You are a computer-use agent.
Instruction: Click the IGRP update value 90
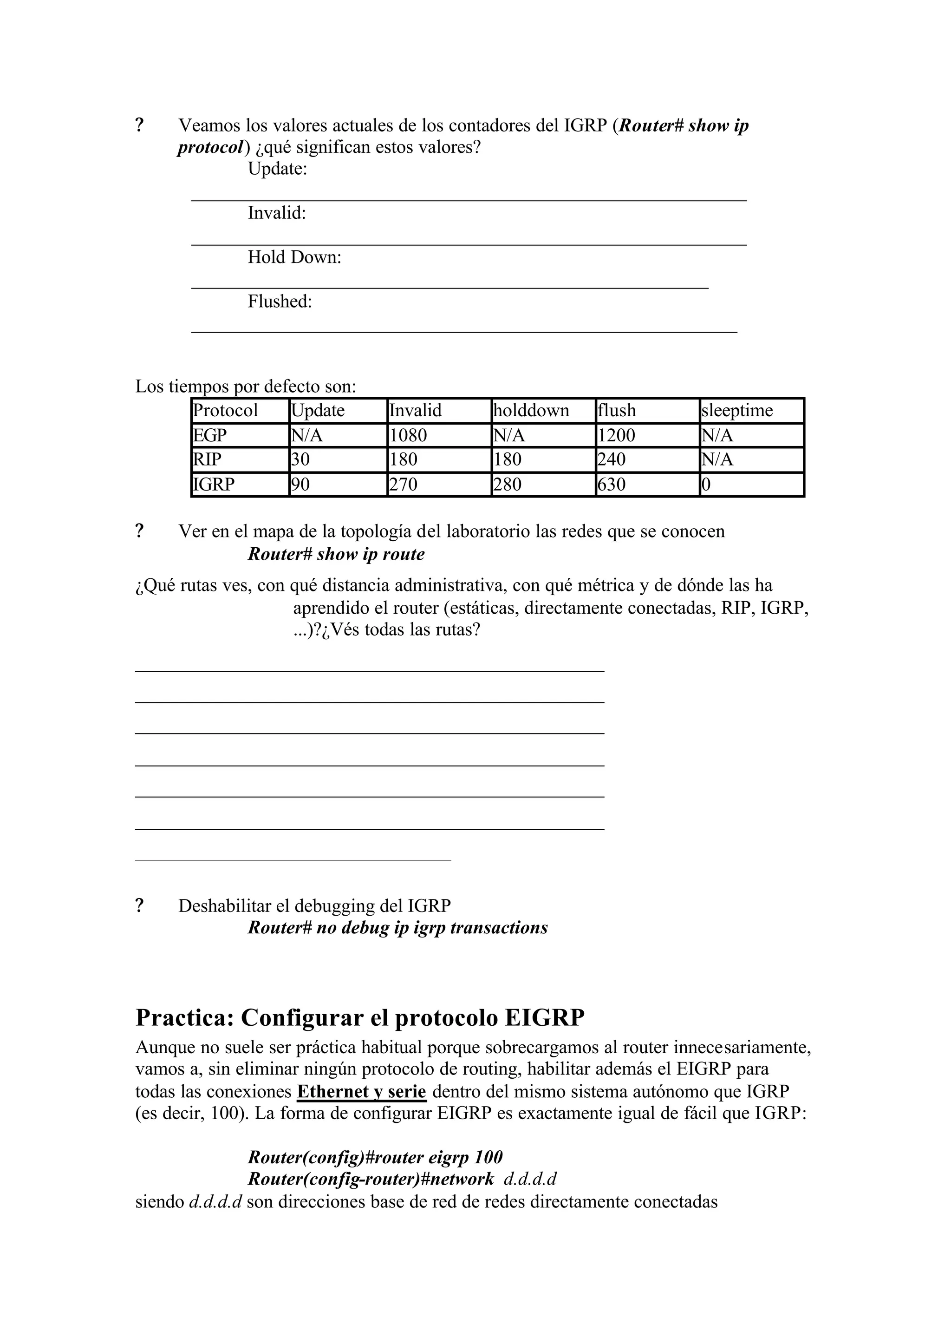(x=300, y=485)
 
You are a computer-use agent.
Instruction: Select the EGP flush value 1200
(x=616, y=435)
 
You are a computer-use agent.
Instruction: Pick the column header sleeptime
(x=736, y=410)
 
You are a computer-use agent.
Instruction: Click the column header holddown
(x=531, y=410)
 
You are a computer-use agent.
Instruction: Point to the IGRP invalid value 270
(x=404, y=485)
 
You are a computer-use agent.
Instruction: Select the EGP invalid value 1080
(x=408, y=435)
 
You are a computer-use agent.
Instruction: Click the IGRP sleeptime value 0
(x=706, y=485)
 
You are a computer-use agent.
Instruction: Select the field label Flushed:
(x=280, y=302)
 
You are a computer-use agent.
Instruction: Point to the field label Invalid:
(x=276, y=213)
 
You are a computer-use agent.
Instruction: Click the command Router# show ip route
(x=336, y=554)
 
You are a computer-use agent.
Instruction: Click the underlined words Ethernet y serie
(x=361, y=1092)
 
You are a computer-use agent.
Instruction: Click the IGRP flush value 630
(x=612, y=485)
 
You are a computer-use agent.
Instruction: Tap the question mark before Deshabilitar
(x=139, y=906)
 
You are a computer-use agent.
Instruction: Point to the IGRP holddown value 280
(x=507, y=485)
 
